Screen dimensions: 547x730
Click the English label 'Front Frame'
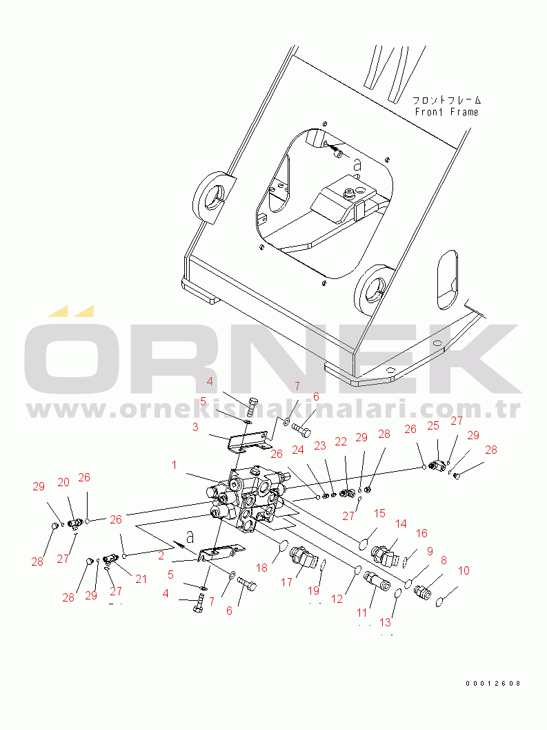coord(446,112)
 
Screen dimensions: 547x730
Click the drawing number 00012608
coord(493,684)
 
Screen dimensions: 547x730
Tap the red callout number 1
coord(174,465)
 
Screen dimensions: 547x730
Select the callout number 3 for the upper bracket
coord(195,427)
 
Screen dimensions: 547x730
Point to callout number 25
coord(433,425)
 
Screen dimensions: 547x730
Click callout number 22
coord(341,441)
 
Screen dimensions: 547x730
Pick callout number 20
coord(63,482)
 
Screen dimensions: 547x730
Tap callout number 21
coord(141,579)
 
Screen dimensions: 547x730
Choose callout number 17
coord(286,582)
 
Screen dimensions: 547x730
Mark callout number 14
coord(401,524)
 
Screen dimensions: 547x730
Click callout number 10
coord(464,570)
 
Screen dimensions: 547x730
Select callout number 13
coord(385,622)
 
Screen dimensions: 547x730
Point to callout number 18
coord(262,568)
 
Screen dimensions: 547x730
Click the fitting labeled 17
coord(302,557)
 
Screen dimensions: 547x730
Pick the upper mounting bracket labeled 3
coord(249,442)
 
